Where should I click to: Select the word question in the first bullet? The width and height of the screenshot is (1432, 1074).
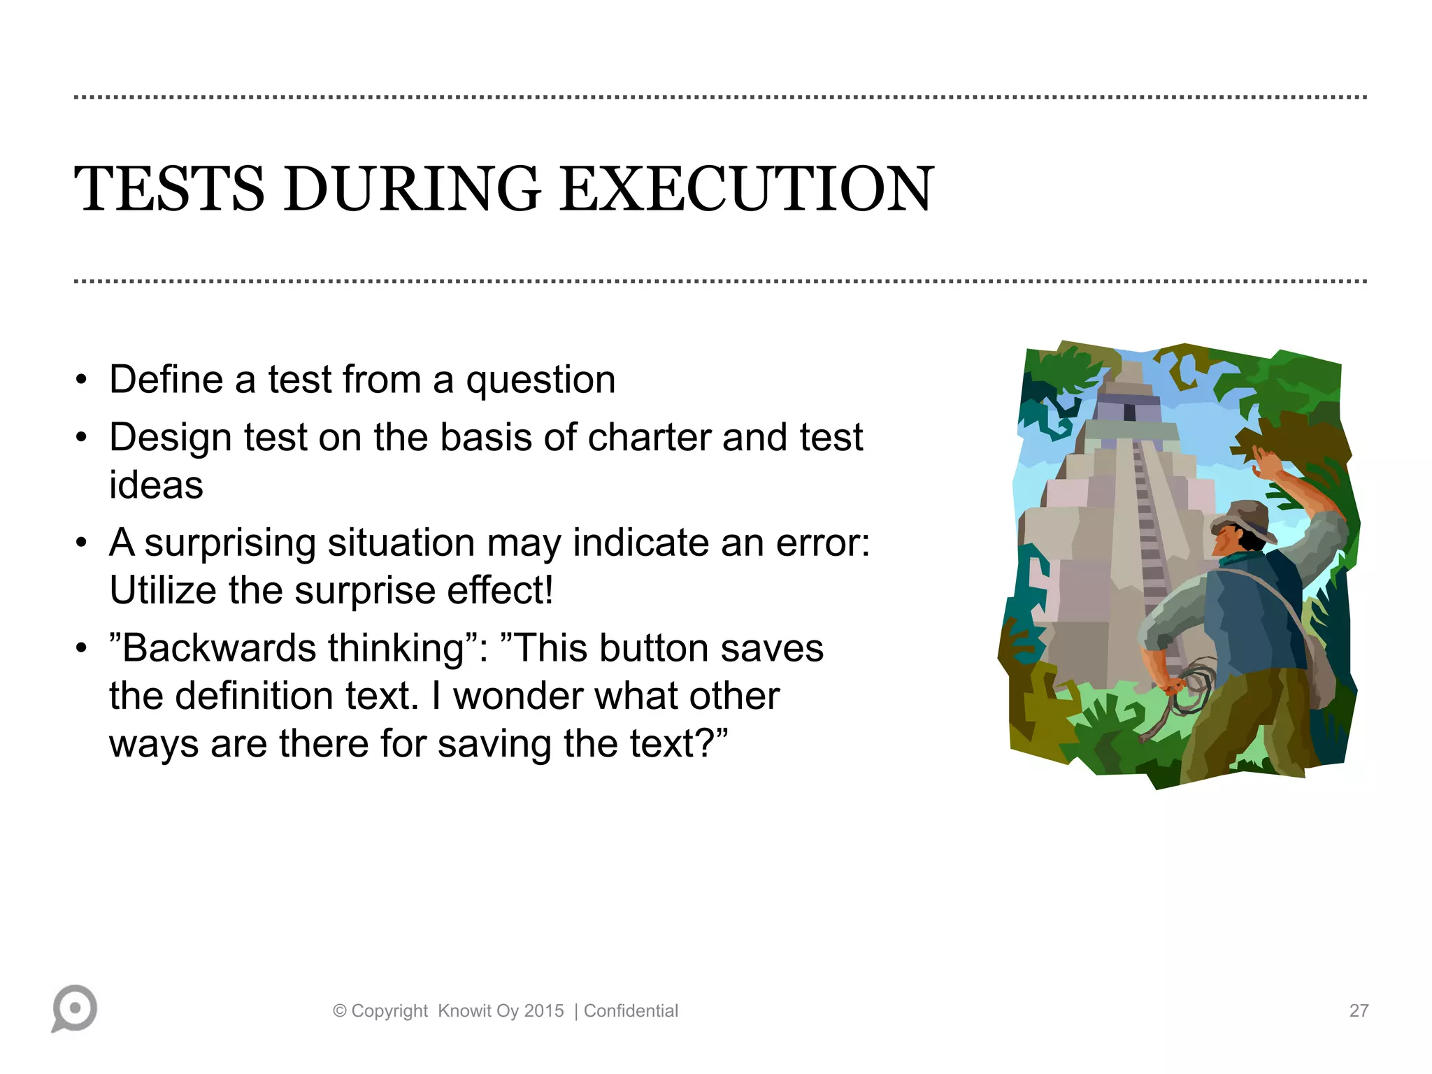[x=540, y=381]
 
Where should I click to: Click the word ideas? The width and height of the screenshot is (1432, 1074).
[x=156, y=485]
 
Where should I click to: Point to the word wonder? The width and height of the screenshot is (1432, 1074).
[x=518, y=696]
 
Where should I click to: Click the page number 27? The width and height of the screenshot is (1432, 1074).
[x=1359, y=1010]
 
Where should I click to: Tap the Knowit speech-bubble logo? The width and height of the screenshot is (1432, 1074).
[x=74, y=1008]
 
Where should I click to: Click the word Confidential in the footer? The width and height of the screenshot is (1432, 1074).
[x=631, y=1011]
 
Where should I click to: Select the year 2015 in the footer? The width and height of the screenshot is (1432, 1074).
[x=544, y=1011]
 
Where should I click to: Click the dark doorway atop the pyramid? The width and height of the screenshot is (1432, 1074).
[x=1129, y=412]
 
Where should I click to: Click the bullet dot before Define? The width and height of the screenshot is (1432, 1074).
[x=82, y=381]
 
